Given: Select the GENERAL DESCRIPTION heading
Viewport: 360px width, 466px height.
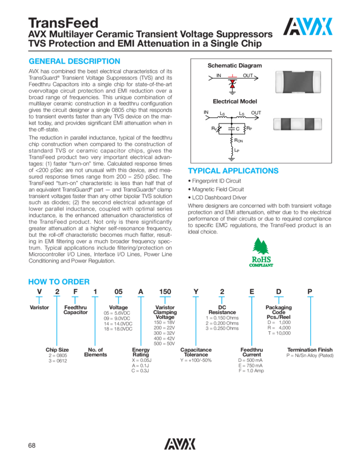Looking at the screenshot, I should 74,61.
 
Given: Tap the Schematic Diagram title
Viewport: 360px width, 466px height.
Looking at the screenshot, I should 235,66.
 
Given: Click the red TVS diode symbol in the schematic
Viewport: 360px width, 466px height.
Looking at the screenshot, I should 232,84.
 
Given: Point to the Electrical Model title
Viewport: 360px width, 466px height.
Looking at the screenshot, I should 235,101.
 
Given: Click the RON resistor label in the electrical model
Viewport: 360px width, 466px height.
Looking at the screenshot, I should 240,140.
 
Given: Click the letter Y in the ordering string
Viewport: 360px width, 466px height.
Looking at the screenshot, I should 195,291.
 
